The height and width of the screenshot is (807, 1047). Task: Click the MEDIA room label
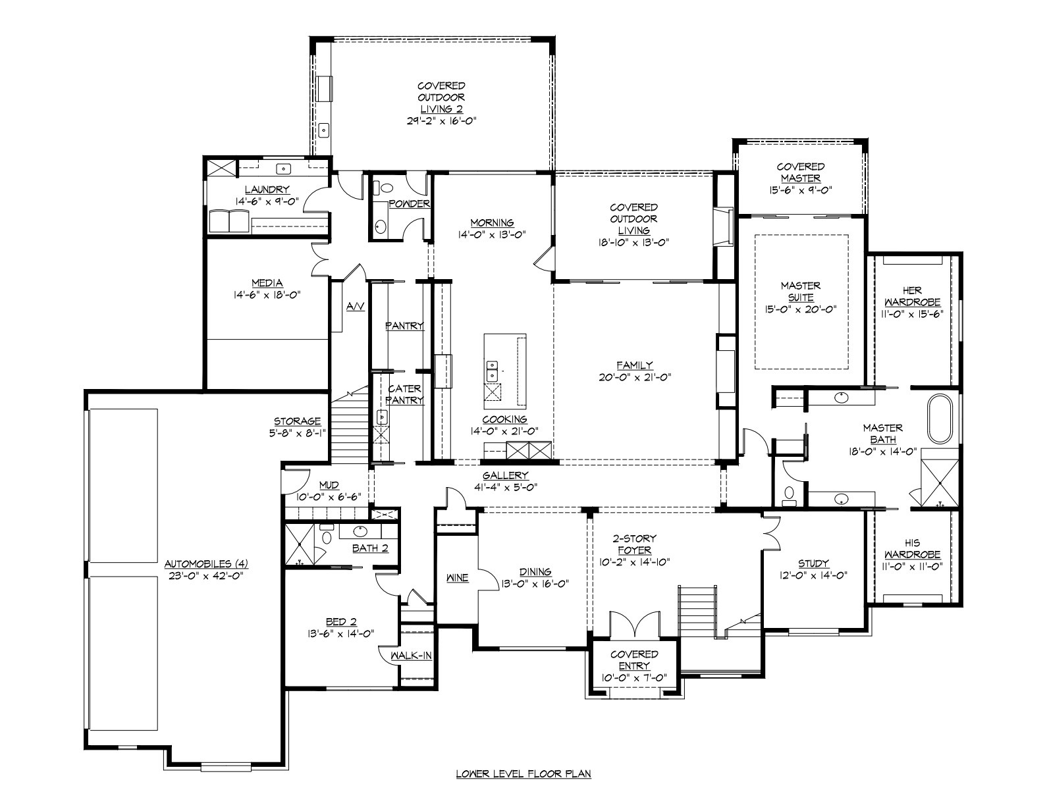click(x=267, y=283)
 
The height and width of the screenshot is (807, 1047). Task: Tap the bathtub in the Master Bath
click(x=940, y=419)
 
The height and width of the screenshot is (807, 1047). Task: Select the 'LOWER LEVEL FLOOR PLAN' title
click(x=523, y=774)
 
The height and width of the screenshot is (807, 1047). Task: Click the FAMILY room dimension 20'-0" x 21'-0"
click(x=634, y=377)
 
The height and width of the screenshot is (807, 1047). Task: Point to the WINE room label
click(x=458, y=578)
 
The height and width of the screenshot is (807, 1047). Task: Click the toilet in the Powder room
click(x=381, y=187)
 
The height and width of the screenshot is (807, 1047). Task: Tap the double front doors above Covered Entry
click(x=634, y=623)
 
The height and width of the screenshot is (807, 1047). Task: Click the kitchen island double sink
click(x=492, y=371)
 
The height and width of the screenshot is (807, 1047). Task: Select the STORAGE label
click(x=297, y=421)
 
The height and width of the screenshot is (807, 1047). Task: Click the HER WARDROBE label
click(x=912, y=296)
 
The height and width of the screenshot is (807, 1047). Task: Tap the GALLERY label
click(x=505, y=475)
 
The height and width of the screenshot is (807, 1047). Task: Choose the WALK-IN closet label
click(x=411, y=656)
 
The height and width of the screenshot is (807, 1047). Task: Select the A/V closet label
click(x=356, y=306)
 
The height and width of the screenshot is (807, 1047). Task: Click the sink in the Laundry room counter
click(x=284, y=169)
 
